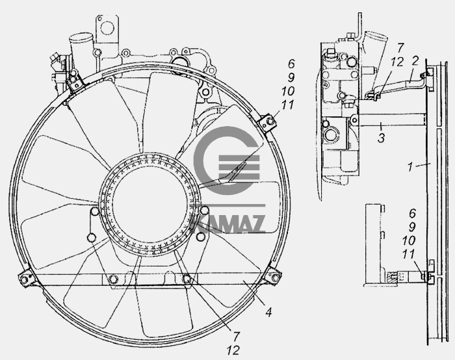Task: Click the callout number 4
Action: pyautogui.click(x=269, y=313)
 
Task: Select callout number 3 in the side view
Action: pyautogui.click(x=381, y=138)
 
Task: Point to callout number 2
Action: pyautogui.click(x=415, y=60)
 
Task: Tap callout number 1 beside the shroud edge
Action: pyautogui.click(x=410, y=167)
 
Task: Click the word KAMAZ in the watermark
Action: pyautogui.click(x=227, y=224)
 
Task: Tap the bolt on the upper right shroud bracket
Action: pyautogui.click(x=270, y=121)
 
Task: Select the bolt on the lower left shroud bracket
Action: pyautogui.click(x=24, y=279)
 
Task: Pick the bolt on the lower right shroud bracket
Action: pyautogui.click(x=276, y=277)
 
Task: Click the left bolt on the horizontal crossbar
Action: pyautogui.click(x=112, y=279)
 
